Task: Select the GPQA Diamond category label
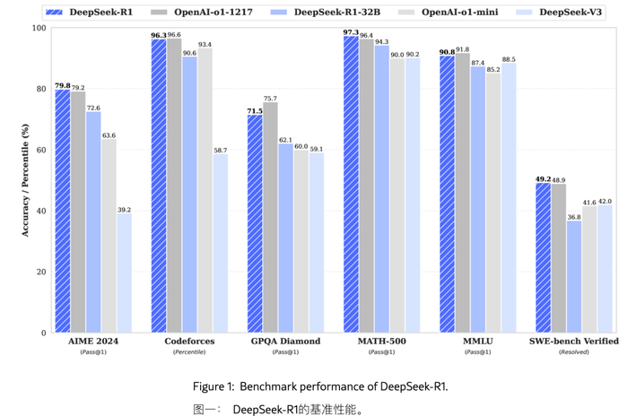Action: (285, 342)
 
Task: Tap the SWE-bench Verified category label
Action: (574, 342)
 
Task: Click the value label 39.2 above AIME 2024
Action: (124, 210)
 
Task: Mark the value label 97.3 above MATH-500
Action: (351, 31)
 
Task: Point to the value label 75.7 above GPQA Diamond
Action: (270, 98)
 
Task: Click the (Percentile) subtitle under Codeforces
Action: (189, 352)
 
